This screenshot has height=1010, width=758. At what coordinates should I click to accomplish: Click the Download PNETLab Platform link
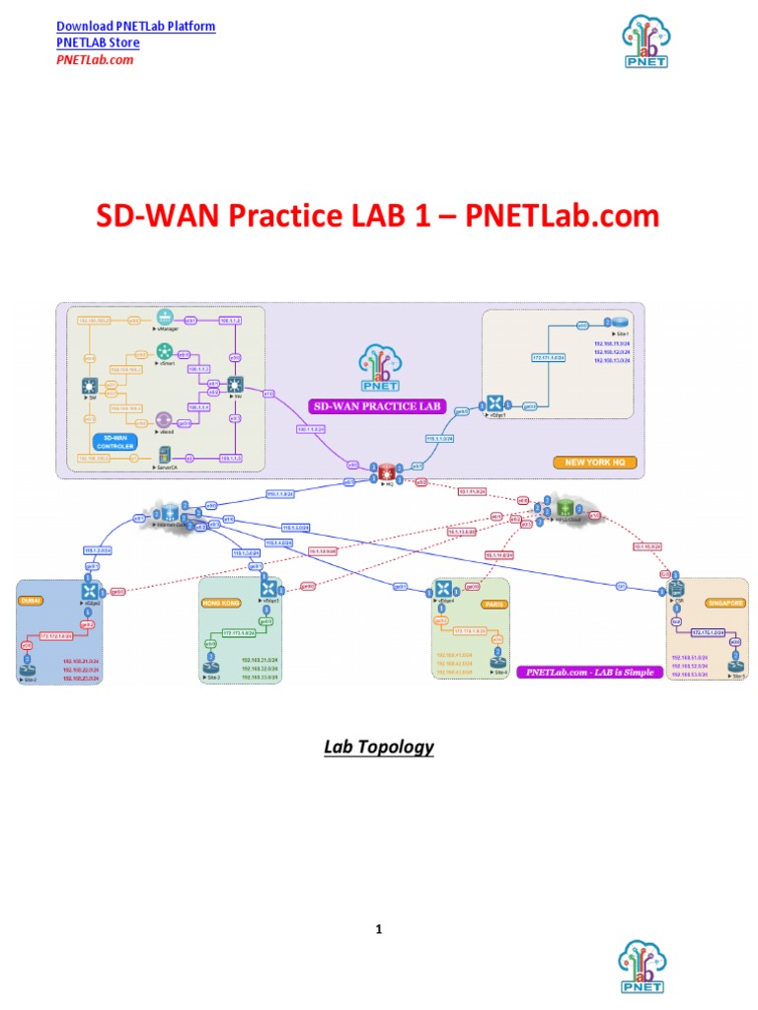pos(135,27)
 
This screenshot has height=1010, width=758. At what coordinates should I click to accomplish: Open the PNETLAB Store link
pos(98,42)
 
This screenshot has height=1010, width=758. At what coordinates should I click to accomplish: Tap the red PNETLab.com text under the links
pos(94,59)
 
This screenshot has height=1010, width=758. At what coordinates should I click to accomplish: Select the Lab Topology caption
pos(379,747)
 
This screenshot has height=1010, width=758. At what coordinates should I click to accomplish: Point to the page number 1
pos(379,928)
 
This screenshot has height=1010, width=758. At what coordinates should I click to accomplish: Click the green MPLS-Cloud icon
pos(566,507)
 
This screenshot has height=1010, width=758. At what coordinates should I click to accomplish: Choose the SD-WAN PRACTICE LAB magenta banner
pos(377,405)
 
